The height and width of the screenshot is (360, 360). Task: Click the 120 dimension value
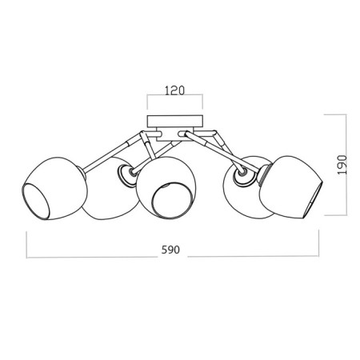pos(174,90)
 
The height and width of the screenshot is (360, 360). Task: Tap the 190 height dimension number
pos(342,165)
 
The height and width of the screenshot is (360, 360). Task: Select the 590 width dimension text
pos(170,250)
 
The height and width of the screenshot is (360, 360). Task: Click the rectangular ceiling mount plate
pos(175,121)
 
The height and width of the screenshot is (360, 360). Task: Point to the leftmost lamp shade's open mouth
pos(35,201)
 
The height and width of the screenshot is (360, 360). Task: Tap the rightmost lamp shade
pos(290,186)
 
